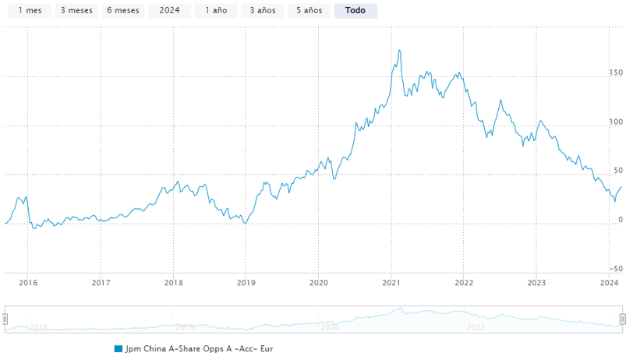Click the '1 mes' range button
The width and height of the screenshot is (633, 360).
coord(30,11)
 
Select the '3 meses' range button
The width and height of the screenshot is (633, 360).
coord(76,11)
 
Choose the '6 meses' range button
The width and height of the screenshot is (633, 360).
coord(123,11)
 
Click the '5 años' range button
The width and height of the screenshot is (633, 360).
coord(309,11)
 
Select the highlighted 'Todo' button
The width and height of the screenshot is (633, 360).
coord(355,11)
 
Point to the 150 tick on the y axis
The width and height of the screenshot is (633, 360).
coord(617,72)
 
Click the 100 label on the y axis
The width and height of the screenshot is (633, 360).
coord(617,122)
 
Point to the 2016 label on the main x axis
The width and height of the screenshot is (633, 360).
coord(27,283)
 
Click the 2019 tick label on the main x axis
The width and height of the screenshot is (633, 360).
coord(246,283)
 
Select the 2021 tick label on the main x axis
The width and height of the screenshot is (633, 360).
coord(391,283)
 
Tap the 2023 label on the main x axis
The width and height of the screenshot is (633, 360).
coord(536,283)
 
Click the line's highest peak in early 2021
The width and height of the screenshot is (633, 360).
coord(400,51)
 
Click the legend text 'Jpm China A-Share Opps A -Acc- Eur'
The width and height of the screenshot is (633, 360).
coord(200,349)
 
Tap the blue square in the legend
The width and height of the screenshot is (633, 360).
coord(118,349)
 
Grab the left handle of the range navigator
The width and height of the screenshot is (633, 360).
coord(5,319)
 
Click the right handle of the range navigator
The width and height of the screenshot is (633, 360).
coord(623,319)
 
